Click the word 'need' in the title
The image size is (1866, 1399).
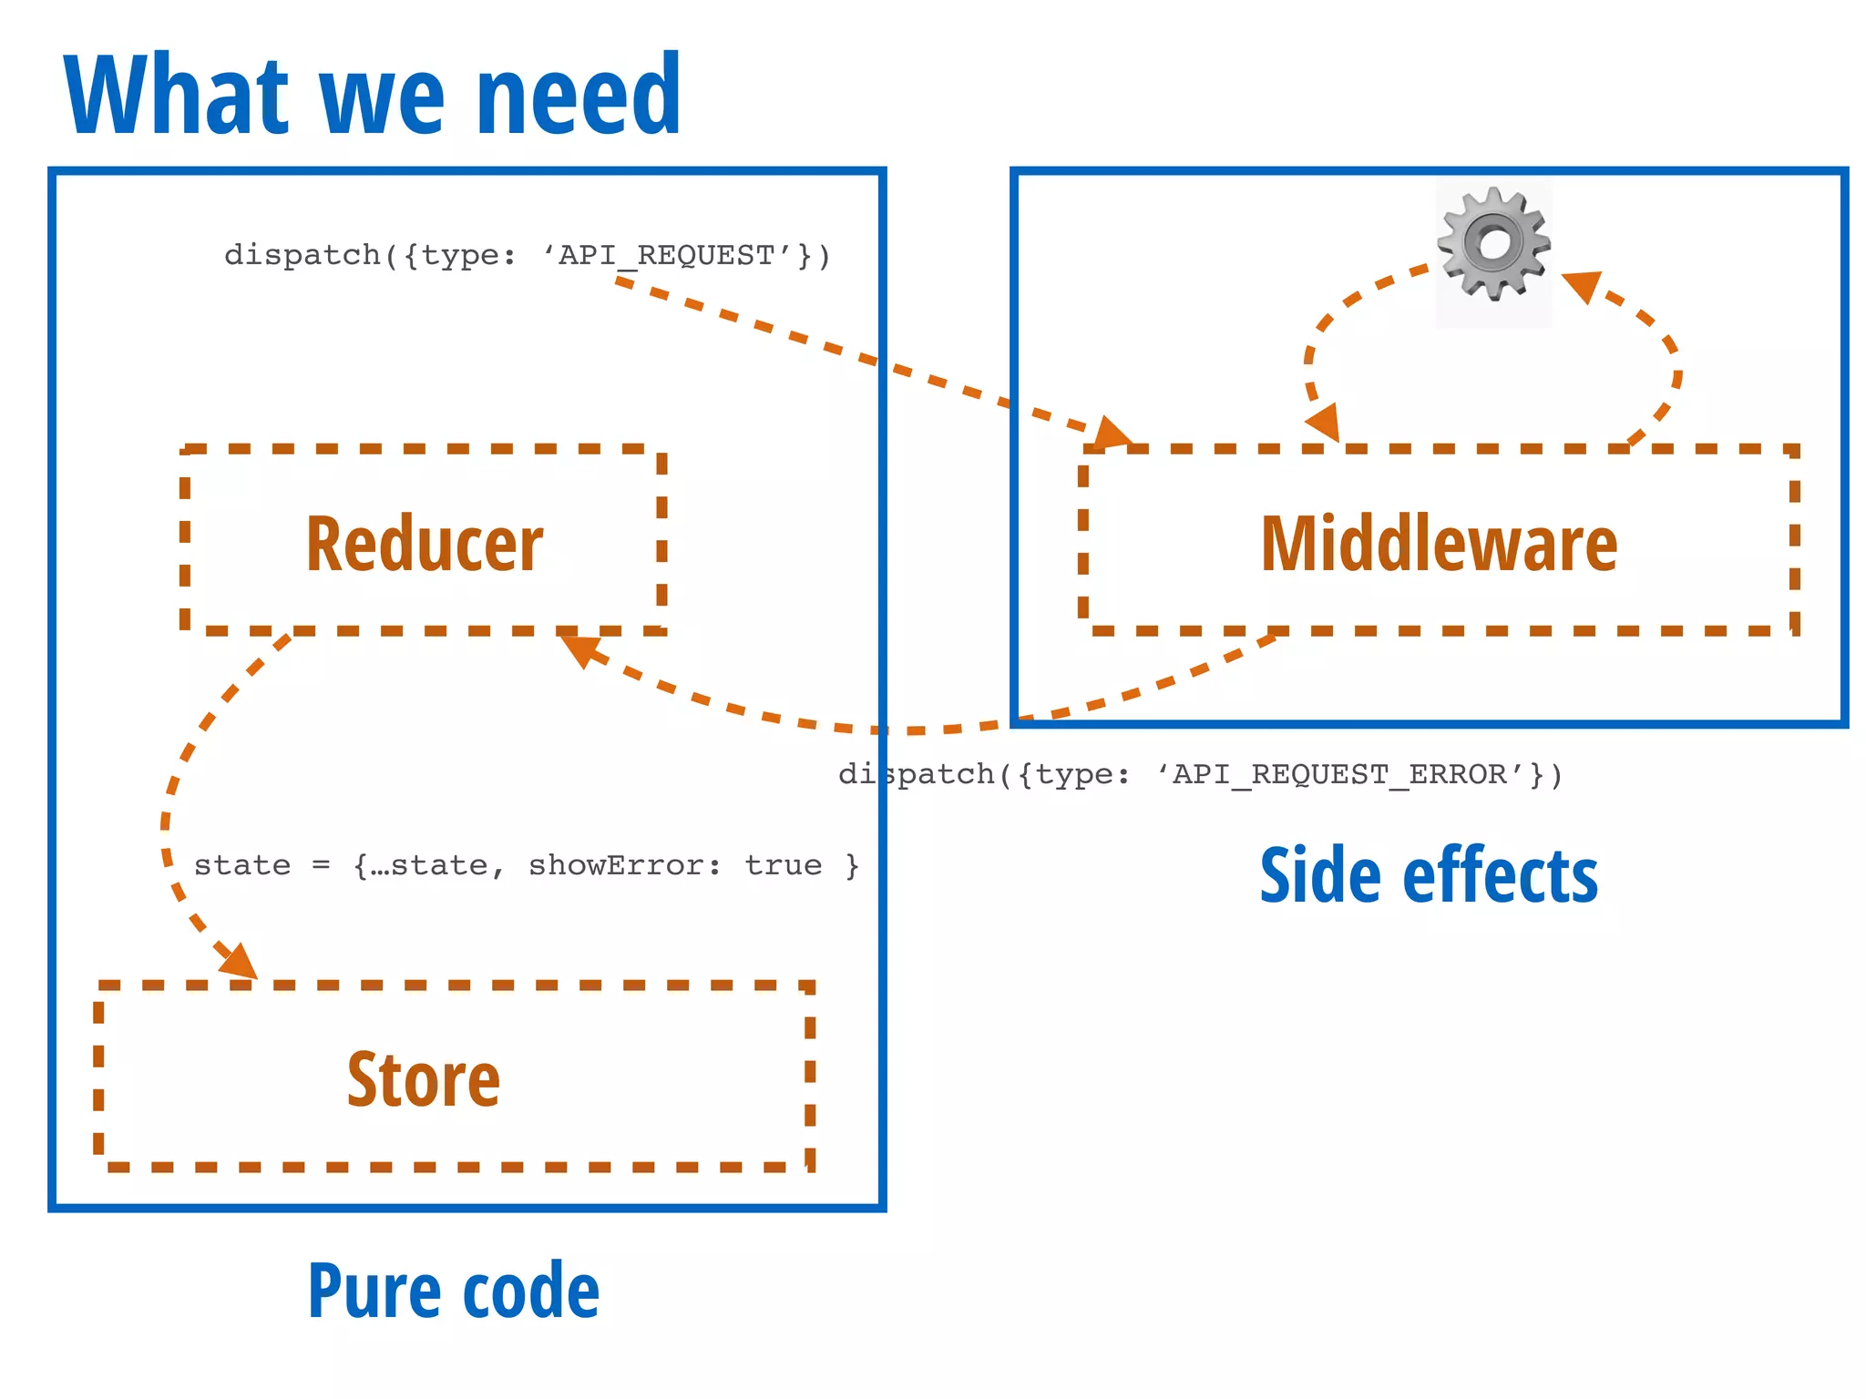[578, 96]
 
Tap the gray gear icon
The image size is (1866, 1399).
[1493, 243]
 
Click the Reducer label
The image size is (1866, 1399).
[425, 544]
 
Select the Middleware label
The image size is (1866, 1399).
[1439, 544]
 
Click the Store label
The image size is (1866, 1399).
[424, 1079]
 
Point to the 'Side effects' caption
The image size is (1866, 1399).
[1429, 875]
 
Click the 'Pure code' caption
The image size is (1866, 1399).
[454, 1291]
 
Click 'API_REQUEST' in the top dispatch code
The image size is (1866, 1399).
[666, 255]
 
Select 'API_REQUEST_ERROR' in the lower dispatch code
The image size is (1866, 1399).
[1339, 774]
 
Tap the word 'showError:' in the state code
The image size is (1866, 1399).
[625, 864]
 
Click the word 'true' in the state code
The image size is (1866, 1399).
[783, 864]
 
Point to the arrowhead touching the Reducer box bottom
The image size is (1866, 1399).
[579, 648]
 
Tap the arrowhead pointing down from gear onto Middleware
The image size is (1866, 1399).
[1324, 423]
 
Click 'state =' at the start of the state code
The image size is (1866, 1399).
[261, 864]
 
